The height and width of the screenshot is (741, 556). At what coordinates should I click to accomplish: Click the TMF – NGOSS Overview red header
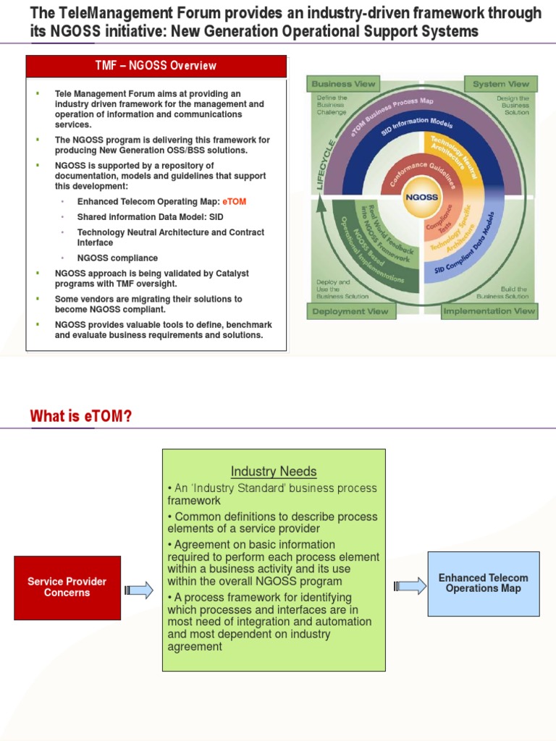[156, 66]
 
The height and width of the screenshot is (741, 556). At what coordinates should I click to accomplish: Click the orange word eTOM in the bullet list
[235, 202]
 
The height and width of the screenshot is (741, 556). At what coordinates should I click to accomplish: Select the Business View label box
[343, 84]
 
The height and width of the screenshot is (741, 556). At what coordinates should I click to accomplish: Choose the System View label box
[500, 84]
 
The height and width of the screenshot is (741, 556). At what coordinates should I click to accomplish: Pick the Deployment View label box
[350, 312]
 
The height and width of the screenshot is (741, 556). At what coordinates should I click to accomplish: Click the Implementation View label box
[489, 312]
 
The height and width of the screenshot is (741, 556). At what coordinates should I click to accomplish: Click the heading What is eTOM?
[81, 416]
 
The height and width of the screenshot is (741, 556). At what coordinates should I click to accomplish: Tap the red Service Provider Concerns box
[67, 587]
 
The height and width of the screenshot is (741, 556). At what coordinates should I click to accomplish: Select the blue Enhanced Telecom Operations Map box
[483, 583]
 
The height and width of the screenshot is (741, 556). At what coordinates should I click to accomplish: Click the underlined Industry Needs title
[274, 472]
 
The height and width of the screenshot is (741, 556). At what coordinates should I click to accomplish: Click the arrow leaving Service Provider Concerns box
[139, 590]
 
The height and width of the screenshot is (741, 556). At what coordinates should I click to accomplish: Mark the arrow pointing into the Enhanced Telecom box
[410, 585]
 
